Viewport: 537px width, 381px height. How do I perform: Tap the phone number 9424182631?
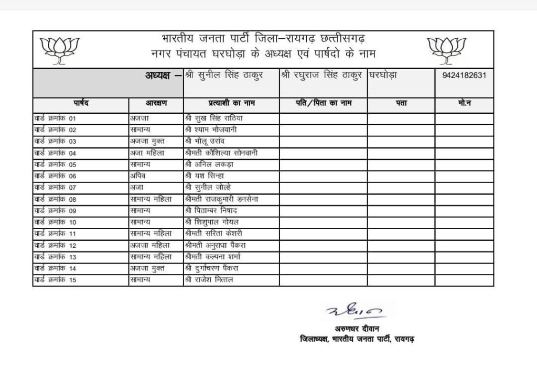click(464, 75)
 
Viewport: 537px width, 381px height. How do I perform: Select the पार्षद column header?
click(81, 103)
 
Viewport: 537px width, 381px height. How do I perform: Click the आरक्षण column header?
click(156, 103)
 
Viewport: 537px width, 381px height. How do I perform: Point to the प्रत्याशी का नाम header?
click(231, 103)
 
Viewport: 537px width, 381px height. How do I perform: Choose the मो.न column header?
click(464, 103)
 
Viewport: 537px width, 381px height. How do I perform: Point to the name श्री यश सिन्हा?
click(207, 176)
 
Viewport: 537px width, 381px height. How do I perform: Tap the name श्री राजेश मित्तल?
click(209, 280)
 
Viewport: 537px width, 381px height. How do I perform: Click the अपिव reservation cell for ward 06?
click(138, 176)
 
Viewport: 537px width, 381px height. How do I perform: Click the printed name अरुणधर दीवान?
click(356, 329)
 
